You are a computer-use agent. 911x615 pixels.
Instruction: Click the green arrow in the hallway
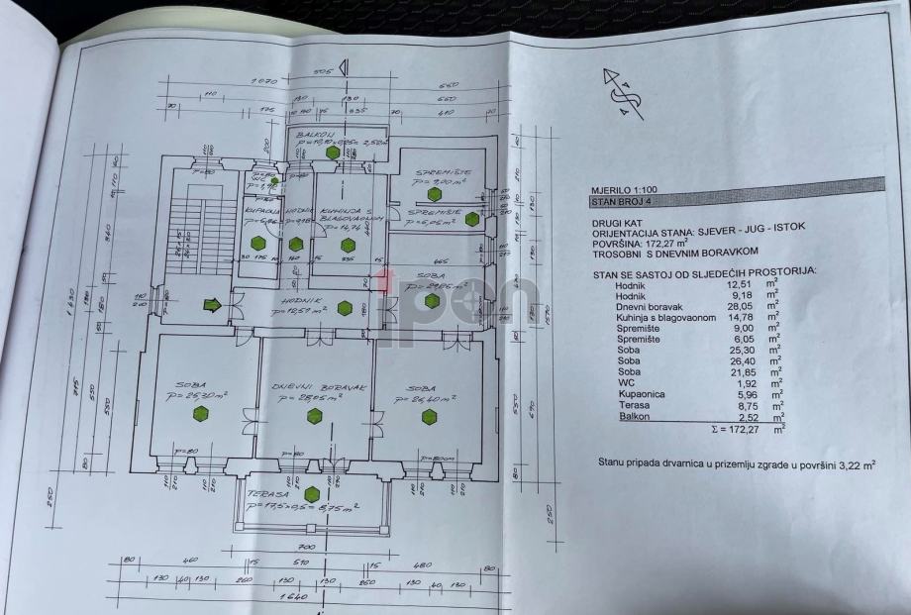tap(211, 305)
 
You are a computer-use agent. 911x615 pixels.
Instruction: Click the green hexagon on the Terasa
tap(312, 494)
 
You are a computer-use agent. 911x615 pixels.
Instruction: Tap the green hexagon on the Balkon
tap(334, 152)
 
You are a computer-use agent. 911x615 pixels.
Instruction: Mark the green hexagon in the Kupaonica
tap(257, 243)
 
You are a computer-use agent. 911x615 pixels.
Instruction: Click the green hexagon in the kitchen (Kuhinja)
tap(348, 245)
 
